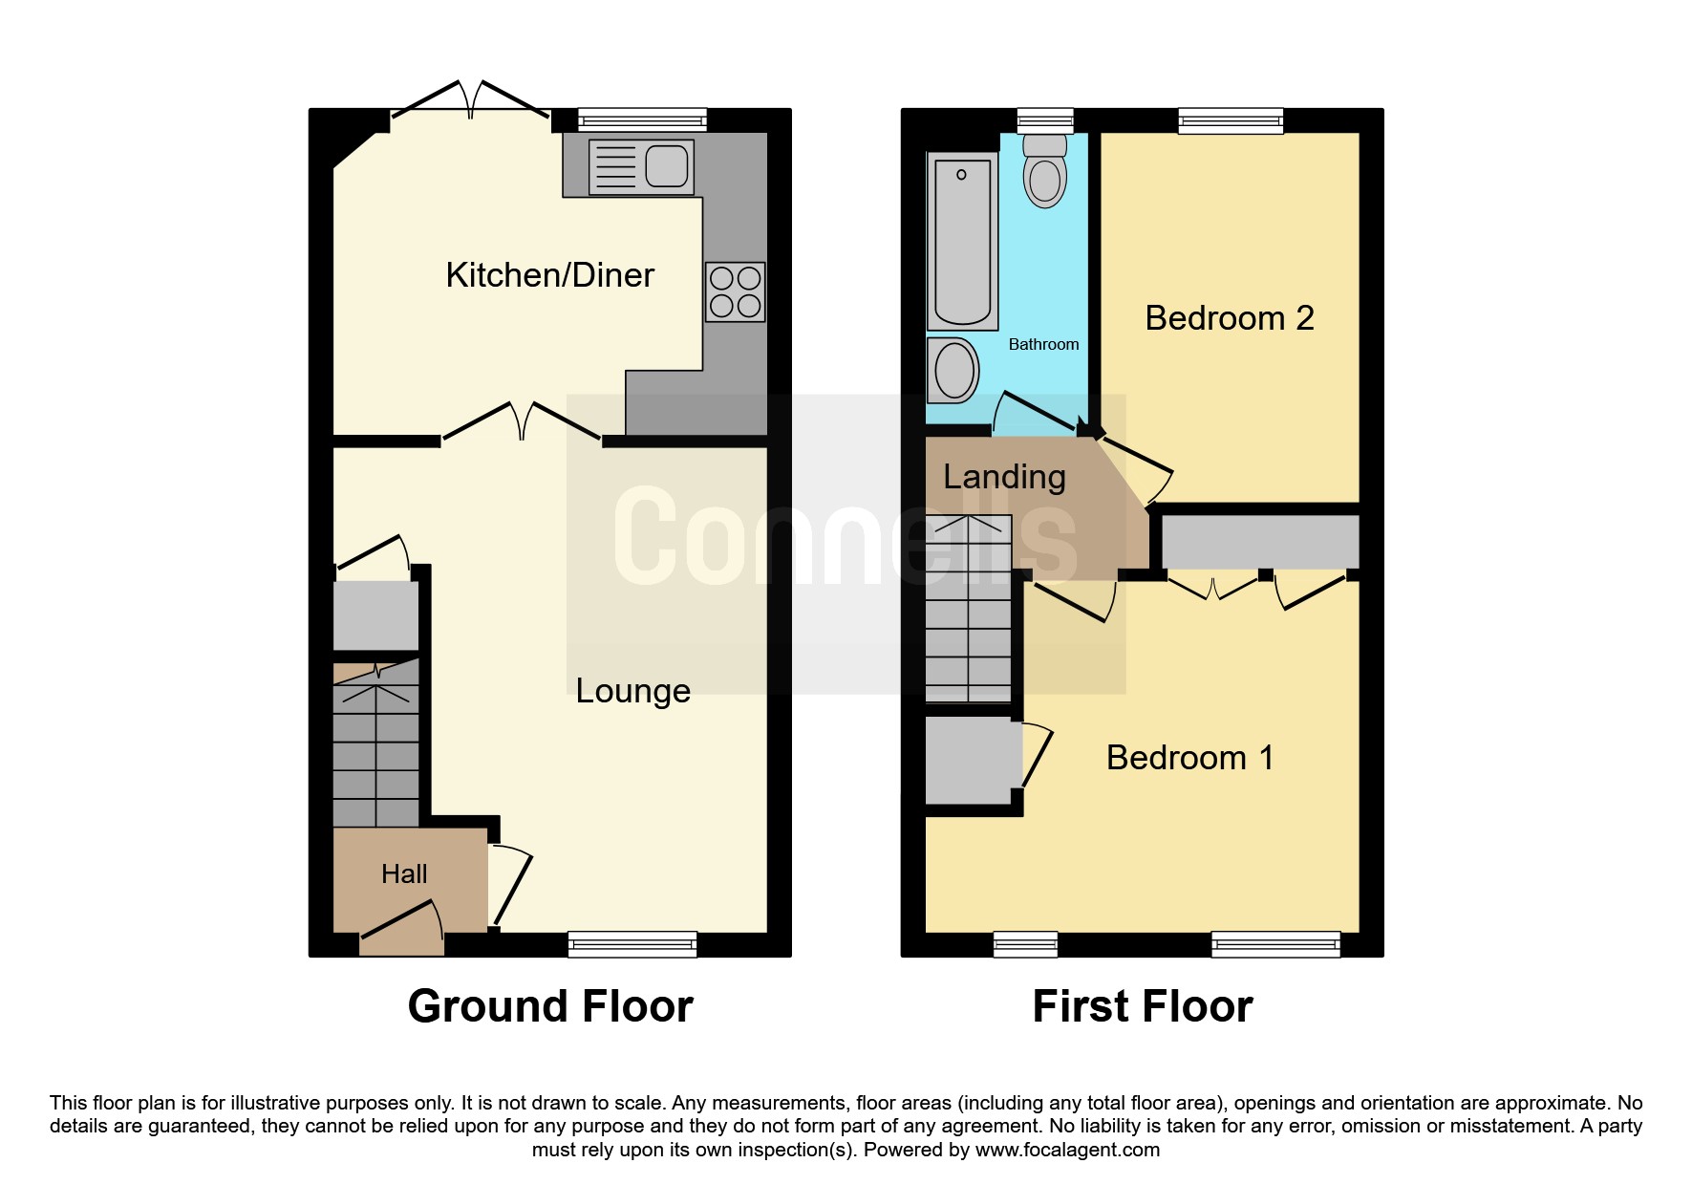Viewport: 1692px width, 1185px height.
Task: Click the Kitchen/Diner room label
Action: pyautogui.click(x=549, y=275)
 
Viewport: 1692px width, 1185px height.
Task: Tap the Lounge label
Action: pyautogui.click(x=632, y=691)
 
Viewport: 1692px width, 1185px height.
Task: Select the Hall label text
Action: pyautogui.click(x=404, y=874)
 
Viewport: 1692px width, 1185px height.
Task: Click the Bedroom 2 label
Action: pyautogui.click(x=1230, y=318)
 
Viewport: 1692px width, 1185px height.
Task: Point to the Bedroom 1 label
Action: pyautogui.click(x=1189, y=758)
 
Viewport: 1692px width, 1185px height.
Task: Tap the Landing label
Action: pyautogui.click(x=1004, y=477)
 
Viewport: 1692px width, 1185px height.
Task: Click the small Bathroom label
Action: pyautogui.click(x=1043, y=344)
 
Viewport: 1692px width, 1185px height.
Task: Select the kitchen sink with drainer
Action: pyautogui.click(x=641, y=167)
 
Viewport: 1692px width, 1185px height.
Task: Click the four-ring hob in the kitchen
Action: pyautogui.click(x=736, y=291)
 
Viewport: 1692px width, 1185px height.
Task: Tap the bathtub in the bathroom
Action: pyautogui.click(x=963, y=241)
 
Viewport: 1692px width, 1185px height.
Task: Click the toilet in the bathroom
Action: pyautogui.click(x=1045, y=171)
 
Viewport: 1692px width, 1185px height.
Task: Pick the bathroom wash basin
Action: pyautogui.click(x=953, y=370)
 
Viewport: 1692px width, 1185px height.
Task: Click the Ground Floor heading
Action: pyautogui.click(x=550, y=1006)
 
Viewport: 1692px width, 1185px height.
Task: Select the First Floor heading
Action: pyautogui.click(x=1143, y=1006)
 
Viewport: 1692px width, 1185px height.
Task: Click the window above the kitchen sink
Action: pyautogui.click(x=642, y=120)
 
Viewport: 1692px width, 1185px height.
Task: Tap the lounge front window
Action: pyautogui.click(x=632, y=944)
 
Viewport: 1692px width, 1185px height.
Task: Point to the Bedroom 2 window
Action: pyautogui.click(x=1231, y=120)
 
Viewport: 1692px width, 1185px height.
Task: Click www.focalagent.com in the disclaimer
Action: pyautogui.click(x=1067, y=1150)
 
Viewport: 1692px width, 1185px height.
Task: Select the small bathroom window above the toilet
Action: pyautogui.click(x=1045, y=120)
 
